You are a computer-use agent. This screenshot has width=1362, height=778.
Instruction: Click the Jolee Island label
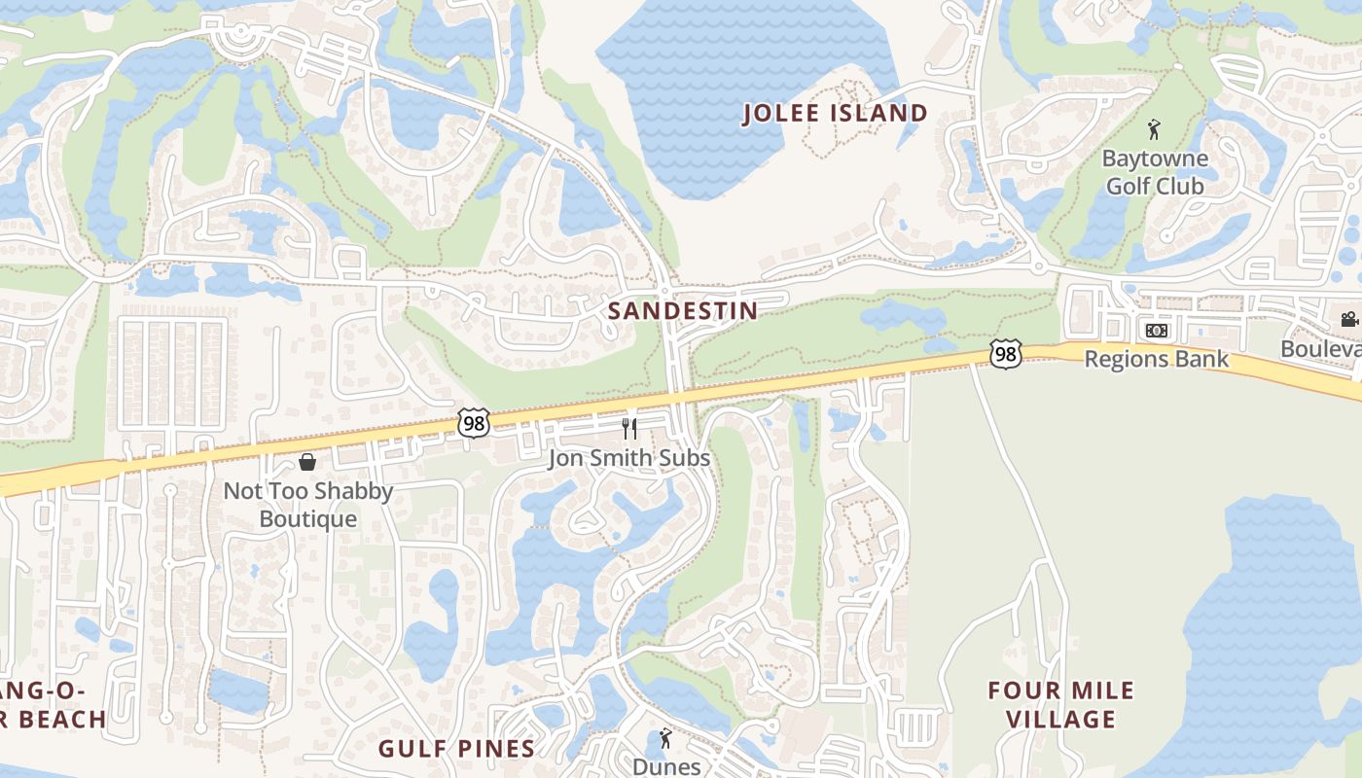click(x=835, y=114)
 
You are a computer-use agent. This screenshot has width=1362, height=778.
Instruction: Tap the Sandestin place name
click(x=682, y=311)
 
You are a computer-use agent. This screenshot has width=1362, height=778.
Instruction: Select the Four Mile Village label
click(x=1060, y=705)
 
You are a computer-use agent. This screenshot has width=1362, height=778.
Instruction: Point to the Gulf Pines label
click(x=456, y=748)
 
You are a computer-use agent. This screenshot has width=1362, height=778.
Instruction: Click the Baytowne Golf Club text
click(x=1155, y=172)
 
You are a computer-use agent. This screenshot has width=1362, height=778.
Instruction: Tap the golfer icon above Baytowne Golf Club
click(x=1154, y=129)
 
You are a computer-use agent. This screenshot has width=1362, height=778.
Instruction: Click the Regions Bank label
click(x=1156, y=359)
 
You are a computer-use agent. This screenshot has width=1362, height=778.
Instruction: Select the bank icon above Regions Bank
click(x=1156, y=331)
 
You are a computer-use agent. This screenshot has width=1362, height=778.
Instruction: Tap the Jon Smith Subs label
click(x=628, y=458)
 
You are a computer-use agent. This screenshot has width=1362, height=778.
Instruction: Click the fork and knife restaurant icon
click(x=629, y=429)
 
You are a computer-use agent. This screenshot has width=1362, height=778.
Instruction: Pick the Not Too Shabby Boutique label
click(x=308, y=505)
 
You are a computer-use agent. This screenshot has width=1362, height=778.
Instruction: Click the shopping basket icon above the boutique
click(x=307, y=462)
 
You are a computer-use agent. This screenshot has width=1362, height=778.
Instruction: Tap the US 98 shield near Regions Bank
click(x=1006, y=355)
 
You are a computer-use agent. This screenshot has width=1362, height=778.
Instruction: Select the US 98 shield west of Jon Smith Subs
click(x=473, y=422)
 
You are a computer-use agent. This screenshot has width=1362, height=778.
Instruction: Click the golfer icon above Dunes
click(x=665, y=738)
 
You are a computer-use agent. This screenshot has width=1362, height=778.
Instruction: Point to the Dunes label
click(x=666, y=766)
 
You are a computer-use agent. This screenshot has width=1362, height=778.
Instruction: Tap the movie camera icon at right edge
click(x=1348, y=319)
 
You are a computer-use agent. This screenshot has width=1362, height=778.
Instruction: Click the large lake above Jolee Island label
click(x=739, y=58)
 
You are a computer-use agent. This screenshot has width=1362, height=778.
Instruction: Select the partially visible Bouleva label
click(x=1320, y=348)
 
